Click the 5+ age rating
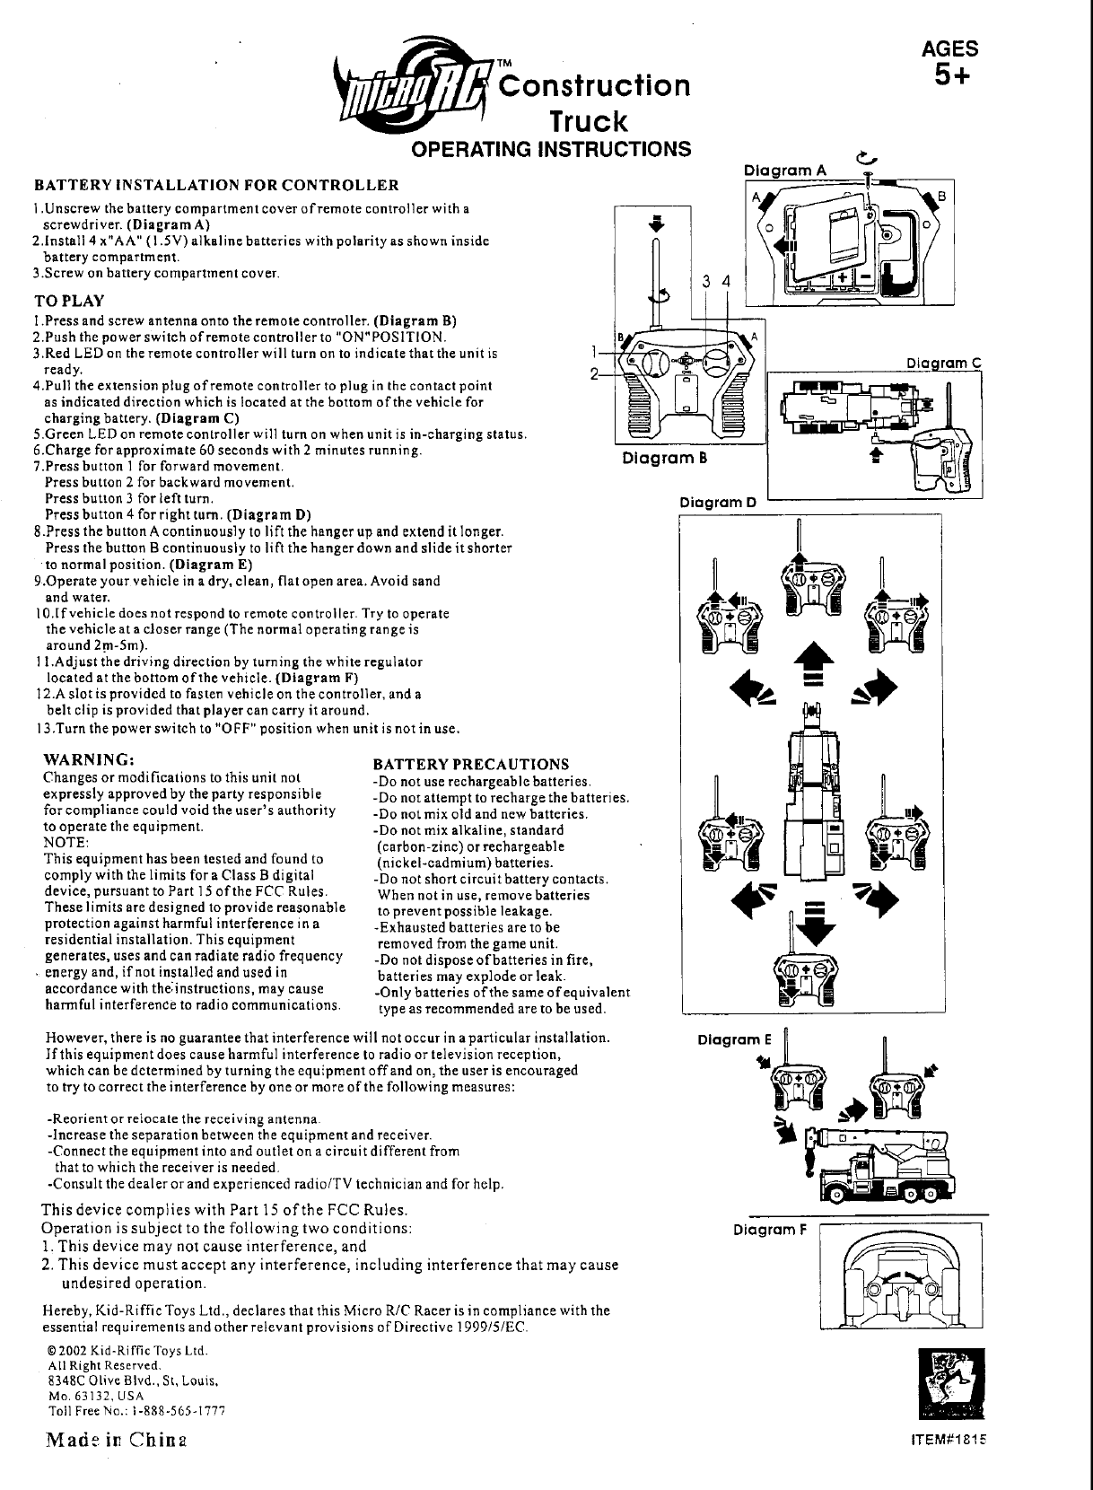pyautogui.click(x=952, y=77)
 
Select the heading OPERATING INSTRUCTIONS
pyautogui.click(x=551, y=148)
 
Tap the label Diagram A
pyautogui.click(x=785, y=171)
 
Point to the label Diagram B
pyautogui.click(x=666, y=458)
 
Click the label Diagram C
pyautogui.click(x=944, y=364)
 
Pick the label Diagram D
pyautogui.click(x=718, y=502)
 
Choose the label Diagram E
pyautogui.click(x=735, y=1039)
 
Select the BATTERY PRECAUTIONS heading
pyautogui.click(x=471, y=765)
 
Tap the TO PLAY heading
pyautogui.click(x=69, y=301)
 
